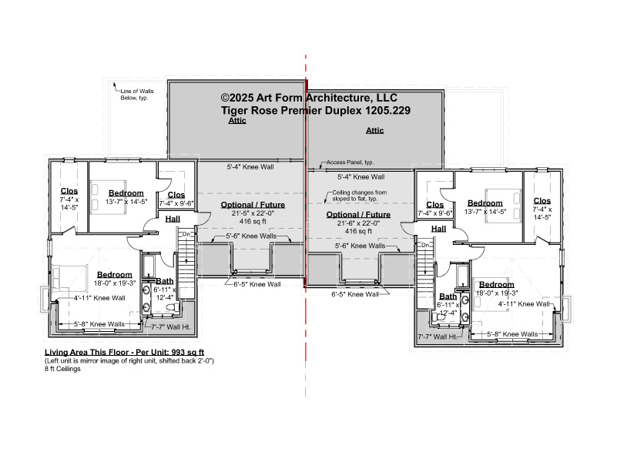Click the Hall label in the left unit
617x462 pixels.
point(173,219)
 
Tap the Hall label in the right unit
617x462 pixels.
point(438,229)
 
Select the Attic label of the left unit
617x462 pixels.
point(237,121)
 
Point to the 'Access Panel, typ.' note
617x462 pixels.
point(350,162)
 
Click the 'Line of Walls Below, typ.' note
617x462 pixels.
point(137,95)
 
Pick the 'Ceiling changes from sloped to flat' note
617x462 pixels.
point(359,196)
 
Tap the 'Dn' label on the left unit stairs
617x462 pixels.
point(186,234)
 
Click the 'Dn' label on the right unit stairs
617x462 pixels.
point(425,245)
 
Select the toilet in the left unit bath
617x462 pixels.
point(173,306)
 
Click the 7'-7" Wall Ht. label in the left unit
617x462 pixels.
point(171,327)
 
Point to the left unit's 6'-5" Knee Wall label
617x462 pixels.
point(257,284)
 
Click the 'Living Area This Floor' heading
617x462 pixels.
point(124,353)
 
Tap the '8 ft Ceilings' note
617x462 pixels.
point(62,369)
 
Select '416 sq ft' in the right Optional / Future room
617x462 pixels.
point(358,231)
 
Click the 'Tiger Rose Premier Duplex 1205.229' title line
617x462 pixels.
point(316,110)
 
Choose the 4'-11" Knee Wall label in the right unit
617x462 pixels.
point(524,304)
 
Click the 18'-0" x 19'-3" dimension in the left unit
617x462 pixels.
point(115,283)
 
